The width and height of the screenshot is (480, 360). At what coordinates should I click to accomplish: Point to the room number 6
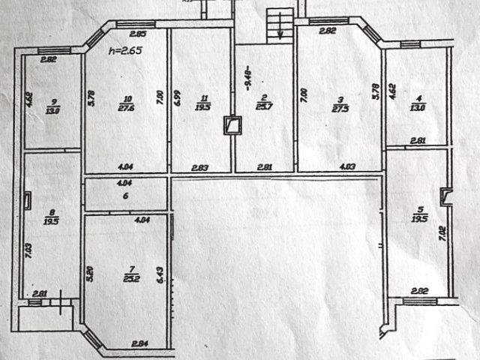(x=126, y=196)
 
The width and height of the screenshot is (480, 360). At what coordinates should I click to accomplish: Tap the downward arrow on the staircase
(x=280, y=30)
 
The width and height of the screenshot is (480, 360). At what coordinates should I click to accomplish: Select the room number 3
(x=340, y=98)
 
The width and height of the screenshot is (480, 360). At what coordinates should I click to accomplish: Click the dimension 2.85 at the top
(x=136, y=34)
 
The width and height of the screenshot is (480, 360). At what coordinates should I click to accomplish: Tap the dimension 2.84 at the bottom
(x=139, y=344)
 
